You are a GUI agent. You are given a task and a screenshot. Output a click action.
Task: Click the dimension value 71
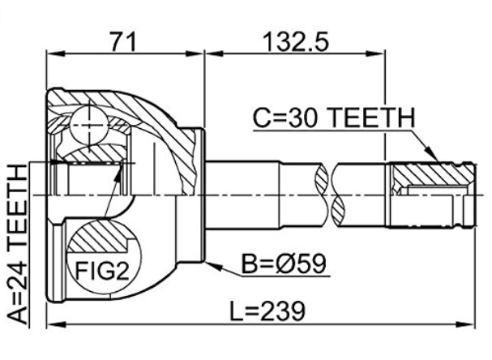123,41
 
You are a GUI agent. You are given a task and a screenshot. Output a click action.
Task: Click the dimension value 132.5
296,41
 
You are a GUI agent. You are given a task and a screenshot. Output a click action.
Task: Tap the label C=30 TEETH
334,118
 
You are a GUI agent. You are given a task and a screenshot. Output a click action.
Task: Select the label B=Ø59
284,264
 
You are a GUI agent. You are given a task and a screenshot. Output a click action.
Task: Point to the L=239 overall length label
267,311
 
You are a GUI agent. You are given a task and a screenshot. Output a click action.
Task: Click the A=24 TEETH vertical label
17,245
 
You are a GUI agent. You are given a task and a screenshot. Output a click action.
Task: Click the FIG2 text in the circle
102,271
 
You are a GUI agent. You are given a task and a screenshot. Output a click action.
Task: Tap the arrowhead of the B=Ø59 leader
213,266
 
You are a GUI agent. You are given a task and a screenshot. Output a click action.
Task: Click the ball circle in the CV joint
89,125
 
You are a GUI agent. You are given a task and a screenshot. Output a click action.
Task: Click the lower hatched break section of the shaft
339,211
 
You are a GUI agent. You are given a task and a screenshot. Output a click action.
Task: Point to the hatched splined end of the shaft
433,174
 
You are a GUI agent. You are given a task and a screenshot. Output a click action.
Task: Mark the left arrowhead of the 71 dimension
55,54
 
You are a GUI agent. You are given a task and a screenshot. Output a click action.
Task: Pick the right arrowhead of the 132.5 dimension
375,54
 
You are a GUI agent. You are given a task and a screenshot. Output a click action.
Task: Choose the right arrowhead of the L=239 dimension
465,324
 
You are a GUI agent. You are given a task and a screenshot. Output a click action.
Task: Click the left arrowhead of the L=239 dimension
56,324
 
